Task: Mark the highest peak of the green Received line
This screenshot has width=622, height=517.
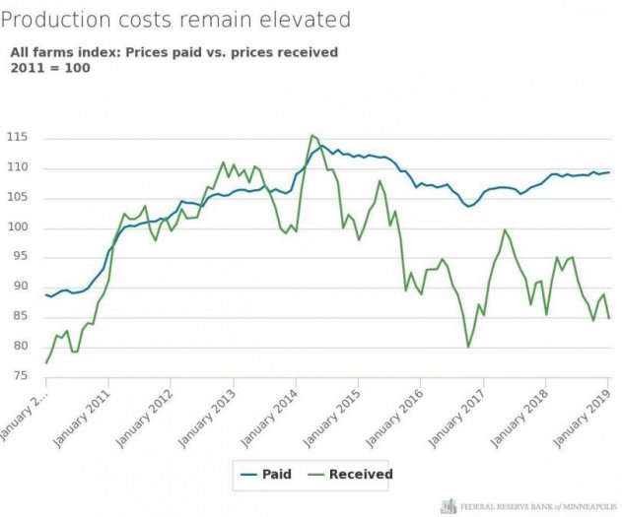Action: [311, 135]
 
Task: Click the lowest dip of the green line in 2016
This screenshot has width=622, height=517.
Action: [468, 347]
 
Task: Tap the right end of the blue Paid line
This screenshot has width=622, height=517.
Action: [609, 172]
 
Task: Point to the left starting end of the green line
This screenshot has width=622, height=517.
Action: [46, 363]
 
